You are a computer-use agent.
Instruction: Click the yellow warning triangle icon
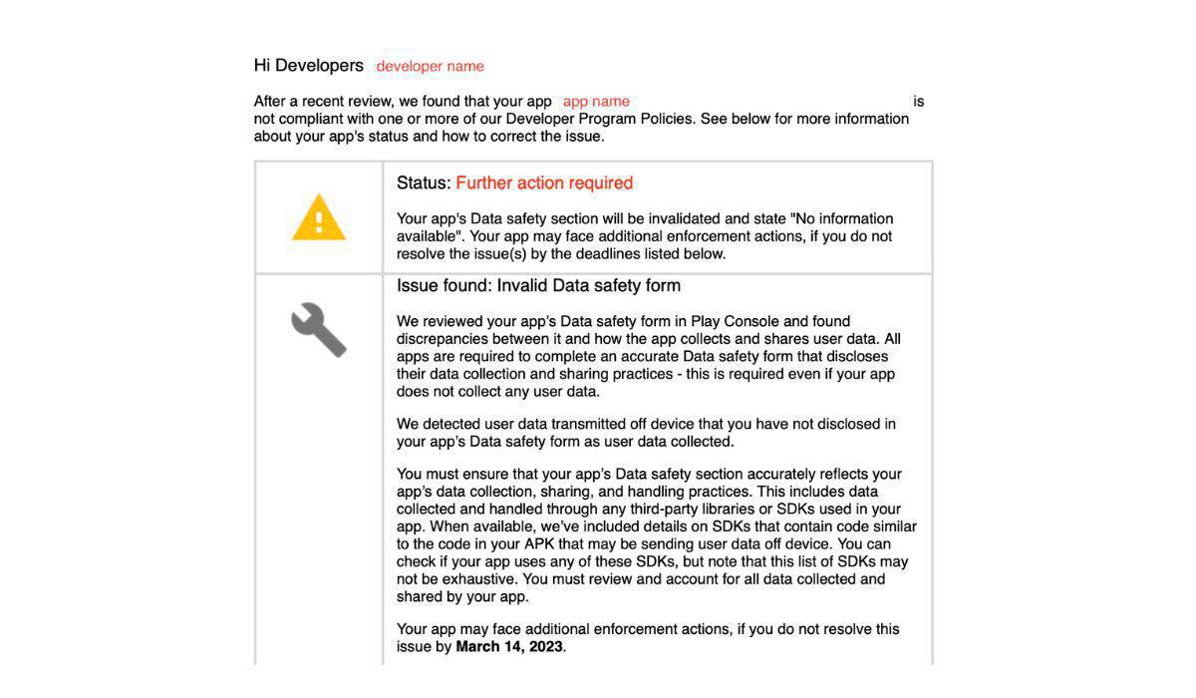coord(319,218)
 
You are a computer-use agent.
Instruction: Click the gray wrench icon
coord(319,329)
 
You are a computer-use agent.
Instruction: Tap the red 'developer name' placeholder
coord(430,66)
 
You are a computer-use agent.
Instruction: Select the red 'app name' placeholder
coord(596,101)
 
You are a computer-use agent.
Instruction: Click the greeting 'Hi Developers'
coord(309,65)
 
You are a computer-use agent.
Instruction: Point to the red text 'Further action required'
coord(544,182)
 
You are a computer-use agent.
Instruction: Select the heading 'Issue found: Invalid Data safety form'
coord(538,285)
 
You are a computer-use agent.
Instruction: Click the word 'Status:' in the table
coord(424,182)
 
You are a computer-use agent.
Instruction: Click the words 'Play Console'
coord(737,321)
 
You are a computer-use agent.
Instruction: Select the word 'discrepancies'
coord(442,339)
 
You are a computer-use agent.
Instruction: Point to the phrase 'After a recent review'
coord(323,101)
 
